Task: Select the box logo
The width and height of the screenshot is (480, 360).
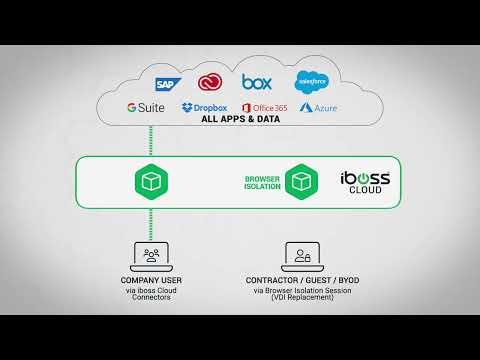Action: click(x=258, y=81)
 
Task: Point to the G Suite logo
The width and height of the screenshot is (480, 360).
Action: click(x=147, y=107)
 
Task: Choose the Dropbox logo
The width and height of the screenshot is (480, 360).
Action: click(x=204, y=107)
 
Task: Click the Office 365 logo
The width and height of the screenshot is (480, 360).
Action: click(x=263, y=107)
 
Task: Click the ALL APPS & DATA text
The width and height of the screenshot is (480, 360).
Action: click(x=240, y=119)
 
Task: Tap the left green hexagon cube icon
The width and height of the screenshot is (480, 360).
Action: click(x=152, y=181)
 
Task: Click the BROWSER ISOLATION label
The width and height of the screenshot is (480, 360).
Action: click(x=262, y=182)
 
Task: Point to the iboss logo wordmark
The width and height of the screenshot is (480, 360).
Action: click(x=365, y=178)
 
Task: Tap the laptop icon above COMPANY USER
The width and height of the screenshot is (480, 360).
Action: click(x=152, y=256)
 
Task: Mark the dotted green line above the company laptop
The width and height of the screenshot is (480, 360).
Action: click(x=152, y=222)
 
